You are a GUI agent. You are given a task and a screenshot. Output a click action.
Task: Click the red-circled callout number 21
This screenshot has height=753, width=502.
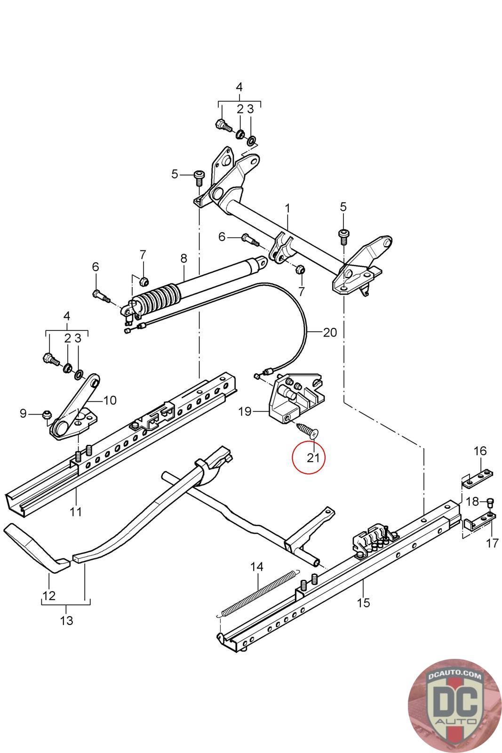click(x=313, y=457)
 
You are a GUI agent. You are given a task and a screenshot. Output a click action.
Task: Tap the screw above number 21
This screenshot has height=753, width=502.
click(x=306, y=430)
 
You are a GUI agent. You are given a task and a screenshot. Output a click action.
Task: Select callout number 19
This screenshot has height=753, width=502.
click(x=245, y=412)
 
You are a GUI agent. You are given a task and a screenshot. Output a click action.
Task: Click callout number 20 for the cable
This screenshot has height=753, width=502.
click(x=330, y=332)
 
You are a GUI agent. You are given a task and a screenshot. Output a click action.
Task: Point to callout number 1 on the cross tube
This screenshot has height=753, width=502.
click(x=287, y=208)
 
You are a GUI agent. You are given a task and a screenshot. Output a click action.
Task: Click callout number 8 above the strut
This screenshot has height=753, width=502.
click(x=183, y=258)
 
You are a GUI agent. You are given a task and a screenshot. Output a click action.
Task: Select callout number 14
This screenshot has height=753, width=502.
click(x=257, y=567)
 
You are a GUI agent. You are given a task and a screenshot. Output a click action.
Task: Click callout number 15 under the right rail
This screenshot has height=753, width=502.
click(x=364, y=602)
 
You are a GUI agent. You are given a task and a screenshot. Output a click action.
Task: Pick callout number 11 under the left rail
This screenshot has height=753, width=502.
click(x=76, y=512)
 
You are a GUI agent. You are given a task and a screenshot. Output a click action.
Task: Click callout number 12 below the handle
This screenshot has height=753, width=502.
click(x=49, y=595)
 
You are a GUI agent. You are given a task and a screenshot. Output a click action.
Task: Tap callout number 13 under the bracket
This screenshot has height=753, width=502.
click(x=67, y=620)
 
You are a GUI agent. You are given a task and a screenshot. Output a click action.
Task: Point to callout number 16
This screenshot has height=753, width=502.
click(x=480, y=451)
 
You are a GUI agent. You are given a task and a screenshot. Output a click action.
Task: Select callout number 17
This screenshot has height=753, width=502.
click(x=492, y=543)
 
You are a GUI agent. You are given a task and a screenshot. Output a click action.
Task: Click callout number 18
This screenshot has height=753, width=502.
click(x=472, y=501)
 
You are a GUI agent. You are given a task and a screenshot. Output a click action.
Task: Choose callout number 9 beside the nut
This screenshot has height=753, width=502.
click(x=24, y=414)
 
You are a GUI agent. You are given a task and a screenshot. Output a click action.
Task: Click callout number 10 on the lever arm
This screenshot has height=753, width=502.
click(x=109, y=401)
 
